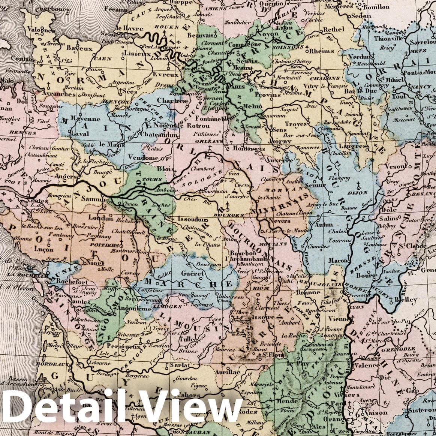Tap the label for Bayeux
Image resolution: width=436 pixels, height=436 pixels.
(x=79, y=48)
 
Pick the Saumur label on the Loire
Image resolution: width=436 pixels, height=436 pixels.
(x=94, y=199)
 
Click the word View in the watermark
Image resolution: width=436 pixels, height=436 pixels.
(x=191, y=411)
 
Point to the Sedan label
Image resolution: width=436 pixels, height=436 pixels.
(x=361, y=16)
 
